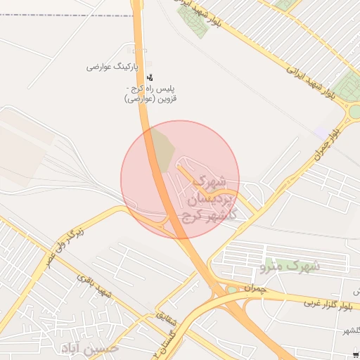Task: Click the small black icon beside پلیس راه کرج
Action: [149, 77]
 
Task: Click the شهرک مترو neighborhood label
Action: [290, 266]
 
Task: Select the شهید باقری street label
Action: [94, 288]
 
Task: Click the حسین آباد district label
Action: [91, 348]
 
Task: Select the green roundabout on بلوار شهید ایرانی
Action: [354, 111]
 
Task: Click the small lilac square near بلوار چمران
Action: [321, 133]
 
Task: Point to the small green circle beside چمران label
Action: [232, 289]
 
